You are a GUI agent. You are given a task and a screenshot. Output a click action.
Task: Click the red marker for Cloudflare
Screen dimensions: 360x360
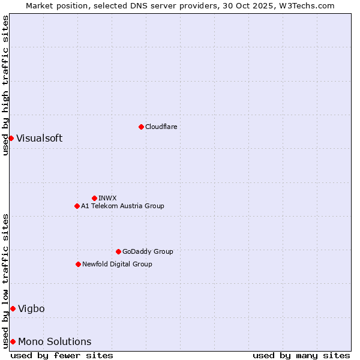[141, 127]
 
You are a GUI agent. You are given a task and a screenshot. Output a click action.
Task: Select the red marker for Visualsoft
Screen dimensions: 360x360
[11, 138]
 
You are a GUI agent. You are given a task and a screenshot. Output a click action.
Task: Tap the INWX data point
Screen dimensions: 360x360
[94, 198]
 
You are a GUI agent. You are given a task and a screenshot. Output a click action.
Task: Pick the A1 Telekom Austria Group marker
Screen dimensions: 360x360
[77, 206]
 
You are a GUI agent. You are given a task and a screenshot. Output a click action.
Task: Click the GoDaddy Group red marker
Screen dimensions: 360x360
[118, 251]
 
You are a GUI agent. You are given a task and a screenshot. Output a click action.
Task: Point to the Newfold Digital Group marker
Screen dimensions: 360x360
[78, 264]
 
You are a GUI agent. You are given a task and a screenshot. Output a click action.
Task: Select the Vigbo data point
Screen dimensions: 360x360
[13, 308]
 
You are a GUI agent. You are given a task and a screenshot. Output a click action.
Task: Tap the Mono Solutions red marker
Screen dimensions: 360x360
[13, 341]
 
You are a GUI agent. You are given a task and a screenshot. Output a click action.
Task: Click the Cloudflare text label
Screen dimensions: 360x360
[161, 127]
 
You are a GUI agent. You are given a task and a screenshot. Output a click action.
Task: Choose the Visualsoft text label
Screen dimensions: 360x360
[39, 138]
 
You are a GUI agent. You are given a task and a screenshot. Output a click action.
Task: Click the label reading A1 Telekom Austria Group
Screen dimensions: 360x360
[122, 206]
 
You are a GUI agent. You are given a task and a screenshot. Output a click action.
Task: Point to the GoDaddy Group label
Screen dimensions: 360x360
[148, 251]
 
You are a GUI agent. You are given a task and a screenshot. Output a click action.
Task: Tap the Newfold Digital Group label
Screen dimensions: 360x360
[117, 264]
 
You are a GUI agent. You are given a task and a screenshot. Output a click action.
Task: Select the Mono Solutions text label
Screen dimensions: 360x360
[55, 341]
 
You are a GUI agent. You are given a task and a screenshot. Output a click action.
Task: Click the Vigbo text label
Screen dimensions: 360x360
[31, 308]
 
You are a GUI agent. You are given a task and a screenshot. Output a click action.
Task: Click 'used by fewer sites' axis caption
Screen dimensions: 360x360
[62, 355]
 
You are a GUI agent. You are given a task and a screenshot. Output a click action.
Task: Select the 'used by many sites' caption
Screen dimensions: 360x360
[301, 355]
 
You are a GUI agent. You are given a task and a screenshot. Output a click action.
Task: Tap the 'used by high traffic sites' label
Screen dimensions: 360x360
[5, 85]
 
